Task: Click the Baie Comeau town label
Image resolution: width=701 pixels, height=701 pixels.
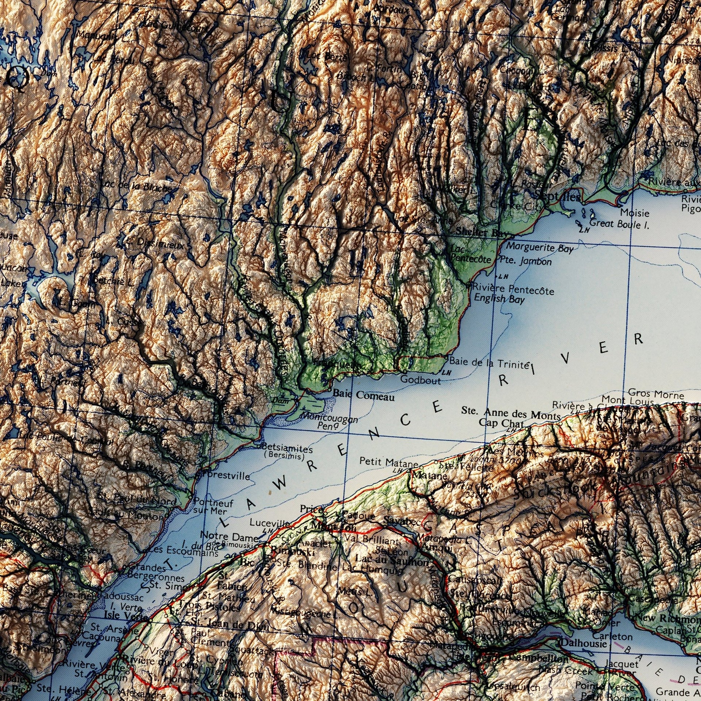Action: pyautogui.click(x=364, y=395)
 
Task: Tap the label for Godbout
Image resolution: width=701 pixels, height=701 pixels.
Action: pyautogui.click(x=421, y=380)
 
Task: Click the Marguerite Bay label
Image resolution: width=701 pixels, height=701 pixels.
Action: pyautogui.click(x=540, y=248)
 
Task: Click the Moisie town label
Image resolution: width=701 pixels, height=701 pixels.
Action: pyautogui.click(x=635, y=212)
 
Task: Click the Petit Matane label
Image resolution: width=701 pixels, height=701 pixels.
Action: pyautogui.click(x=388, y=462)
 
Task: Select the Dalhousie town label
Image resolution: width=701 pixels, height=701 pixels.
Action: pyautogui.click(x=583, y=643)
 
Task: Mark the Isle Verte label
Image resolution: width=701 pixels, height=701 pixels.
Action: pyautogui.click(x=121, y=615)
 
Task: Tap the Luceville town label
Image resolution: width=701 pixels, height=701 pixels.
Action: pyautogui.click(x=269, y=523)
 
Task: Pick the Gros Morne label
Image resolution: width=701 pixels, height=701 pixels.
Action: pyautogui.click(x=656, y=394)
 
